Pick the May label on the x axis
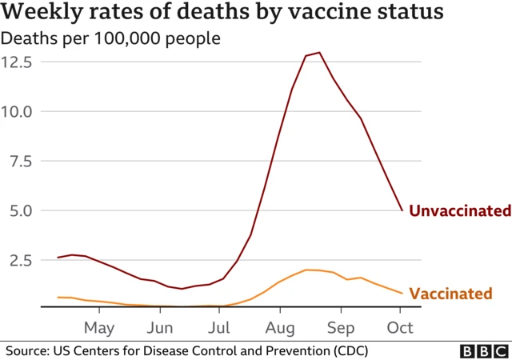(99, 328)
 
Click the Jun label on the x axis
(160, 328)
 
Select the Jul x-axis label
(219, 328)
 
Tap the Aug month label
(280, 328)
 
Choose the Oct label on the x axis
(400, 328)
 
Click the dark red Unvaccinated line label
(459, 211)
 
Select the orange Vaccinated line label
(450, 294)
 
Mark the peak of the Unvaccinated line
(319, 53)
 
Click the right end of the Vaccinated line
(402, 293)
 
